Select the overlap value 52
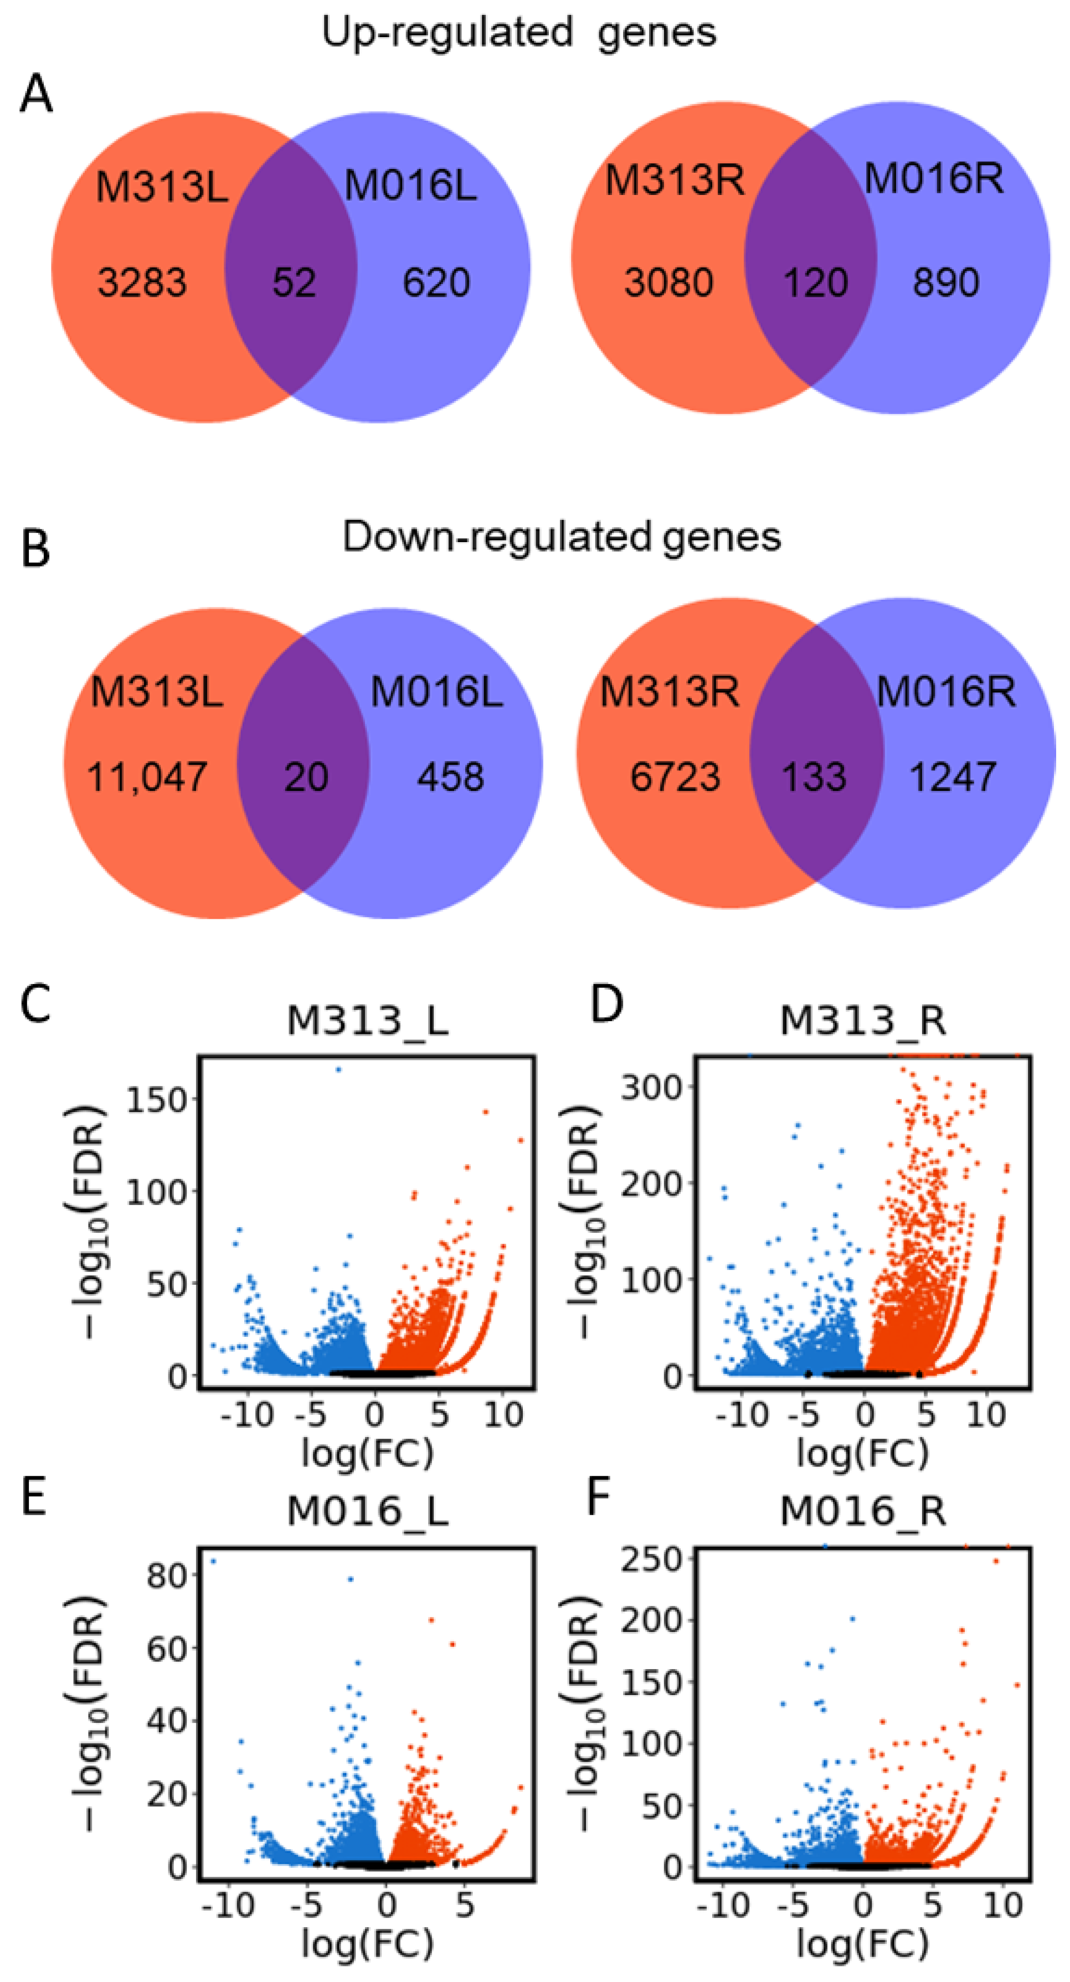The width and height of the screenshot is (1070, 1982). (x=294, y=282)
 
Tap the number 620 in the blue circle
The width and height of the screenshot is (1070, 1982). (x=436, y=282)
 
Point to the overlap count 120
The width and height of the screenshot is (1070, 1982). (x=815, y=282)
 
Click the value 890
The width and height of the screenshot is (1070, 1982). (x=945, y=282)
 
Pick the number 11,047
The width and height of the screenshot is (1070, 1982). (x=147, y=776)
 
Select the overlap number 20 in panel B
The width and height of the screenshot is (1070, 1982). (x=306, y=776)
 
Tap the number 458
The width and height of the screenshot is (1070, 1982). (x=450, y=776)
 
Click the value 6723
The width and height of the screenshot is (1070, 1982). (x=675, y=776)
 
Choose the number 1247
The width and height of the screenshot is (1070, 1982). (x=953, y=776)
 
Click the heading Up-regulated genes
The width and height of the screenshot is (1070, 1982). (x=519, y=32)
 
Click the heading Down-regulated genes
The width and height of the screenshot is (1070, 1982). (x=562, y=536)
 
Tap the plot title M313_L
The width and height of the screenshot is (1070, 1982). (x=367, y=1021)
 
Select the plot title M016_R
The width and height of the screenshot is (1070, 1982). (x=862, y=1511)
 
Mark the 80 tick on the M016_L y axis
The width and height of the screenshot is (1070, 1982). (x=166, y=1576)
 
